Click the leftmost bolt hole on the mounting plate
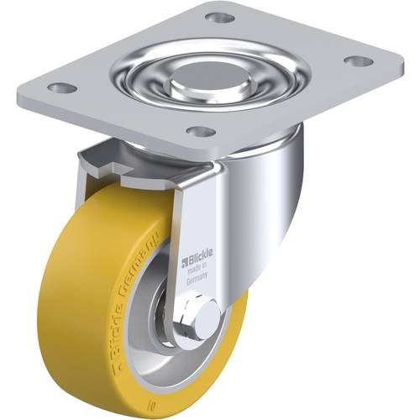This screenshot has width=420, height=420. [60, 87]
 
